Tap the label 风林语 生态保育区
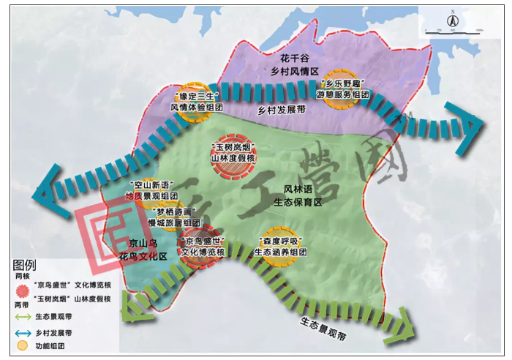[298, 195]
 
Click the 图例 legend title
[24, 264]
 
